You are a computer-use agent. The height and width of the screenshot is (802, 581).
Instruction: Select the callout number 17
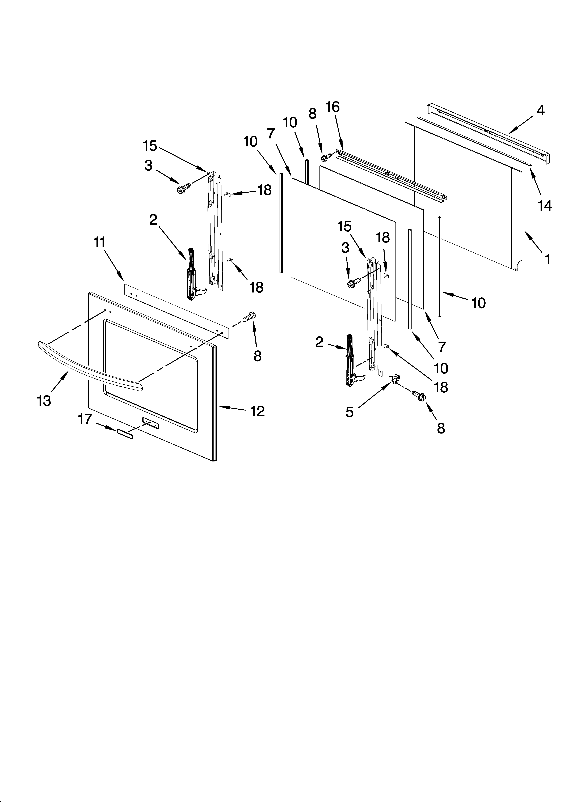[85, 419]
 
